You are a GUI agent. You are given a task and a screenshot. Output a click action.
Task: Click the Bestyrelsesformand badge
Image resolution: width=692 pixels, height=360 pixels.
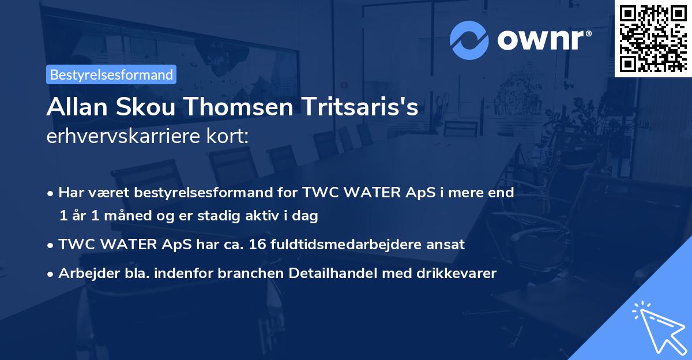pyautogui.click(x=111, y=74)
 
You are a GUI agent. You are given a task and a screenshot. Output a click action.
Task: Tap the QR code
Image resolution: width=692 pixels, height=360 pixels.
pyautogui.click(x=653, y=38)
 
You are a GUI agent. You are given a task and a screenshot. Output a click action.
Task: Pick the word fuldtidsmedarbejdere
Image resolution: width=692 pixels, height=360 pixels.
pyautogui.click(x=325, y=244)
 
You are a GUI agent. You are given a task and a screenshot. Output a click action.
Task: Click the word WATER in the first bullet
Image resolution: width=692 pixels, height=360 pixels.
pyautogui.click(x=339, y=192)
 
